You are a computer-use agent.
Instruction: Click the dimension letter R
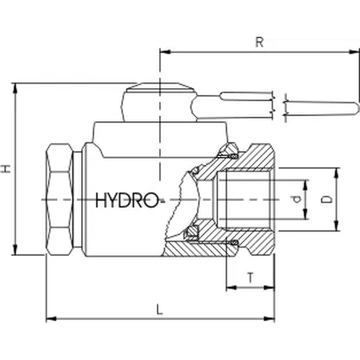click(x=259, y=43)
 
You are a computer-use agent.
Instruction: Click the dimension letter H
click(x=6, y=169)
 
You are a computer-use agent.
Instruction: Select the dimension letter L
click(x=160, y=308)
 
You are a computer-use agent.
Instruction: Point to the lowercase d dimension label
click(x=297, y=200)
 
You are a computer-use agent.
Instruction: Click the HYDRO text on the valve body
click(x=127, y=200)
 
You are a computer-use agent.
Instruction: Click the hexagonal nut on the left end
click(x=61, y=199)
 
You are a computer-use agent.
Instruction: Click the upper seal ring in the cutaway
click(x=229, y=152)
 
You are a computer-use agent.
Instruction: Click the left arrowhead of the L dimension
click(x=50, y=319)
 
